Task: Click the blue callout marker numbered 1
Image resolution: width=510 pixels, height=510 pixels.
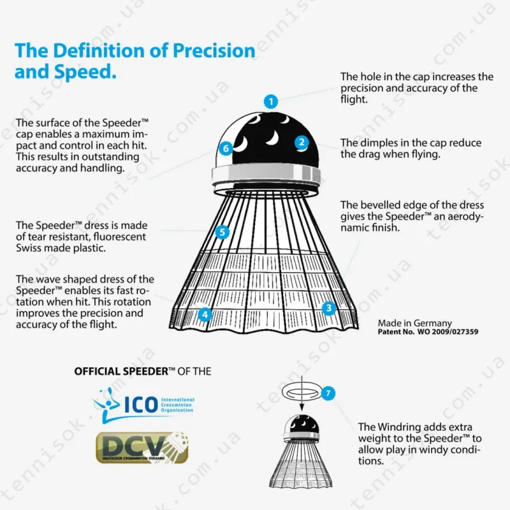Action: pyautogui.click(x=270, y=102)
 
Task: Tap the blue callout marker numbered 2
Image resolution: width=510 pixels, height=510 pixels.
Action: pyautogui.click(x=302, y=142)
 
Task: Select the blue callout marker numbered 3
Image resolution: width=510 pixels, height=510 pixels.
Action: pyautogui.click(x=328, y=308)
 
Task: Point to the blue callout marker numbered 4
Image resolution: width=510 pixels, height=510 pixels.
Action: pyautogui.click(x=205, y=314)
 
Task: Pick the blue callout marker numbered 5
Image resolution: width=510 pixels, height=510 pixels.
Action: pyautogui.click(x=222, y=232)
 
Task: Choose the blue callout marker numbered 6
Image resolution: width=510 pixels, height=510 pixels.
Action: pyautogui.click(x=226, y=149)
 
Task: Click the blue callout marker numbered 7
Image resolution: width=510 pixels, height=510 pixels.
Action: pyautogui.click(x=328, y=393)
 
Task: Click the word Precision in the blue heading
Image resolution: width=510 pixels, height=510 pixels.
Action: pyautogui.click(x=214, y=51)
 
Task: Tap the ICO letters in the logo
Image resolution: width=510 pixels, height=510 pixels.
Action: pyautogui.click(x=141, y=404)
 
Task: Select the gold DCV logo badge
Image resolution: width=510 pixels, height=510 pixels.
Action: pyautogui.click(x=142, y=448)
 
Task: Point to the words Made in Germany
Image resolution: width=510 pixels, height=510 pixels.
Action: pyautogui.click(x=415, y=323)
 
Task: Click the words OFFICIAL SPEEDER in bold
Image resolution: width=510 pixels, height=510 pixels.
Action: pyautogui.click(x=121, y=372)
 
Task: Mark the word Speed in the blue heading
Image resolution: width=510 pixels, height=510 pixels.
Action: pyautogui.click(x=85, y=72)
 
